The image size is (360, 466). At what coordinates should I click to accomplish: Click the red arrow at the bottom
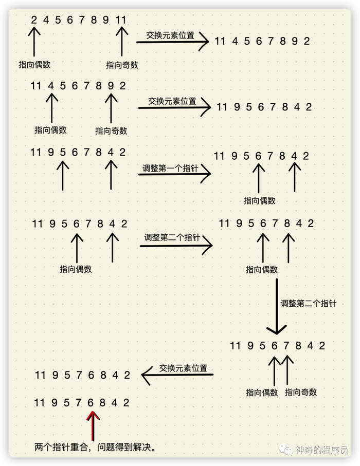93,426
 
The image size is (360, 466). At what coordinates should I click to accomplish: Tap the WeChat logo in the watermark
286,450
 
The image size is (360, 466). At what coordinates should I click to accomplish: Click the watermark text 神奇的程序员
321,450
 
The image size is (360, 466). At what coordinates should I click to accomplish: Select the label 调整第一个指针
170,168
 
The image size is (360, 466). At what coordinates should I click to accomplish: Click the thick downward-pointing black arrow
277,306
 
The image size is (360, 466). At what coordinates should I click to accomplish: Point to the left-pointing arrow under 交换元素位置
177,375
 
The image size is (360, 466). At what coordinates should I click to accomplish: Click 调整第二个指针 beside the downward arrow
309,303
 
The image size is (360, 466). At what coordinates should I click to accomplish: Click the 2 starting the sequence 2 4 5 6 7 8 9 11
34,20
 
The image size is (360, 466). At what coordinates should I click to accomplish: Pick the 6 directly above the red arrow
91,402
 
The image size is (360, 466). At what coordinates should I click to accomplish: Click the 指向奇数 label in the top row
122,65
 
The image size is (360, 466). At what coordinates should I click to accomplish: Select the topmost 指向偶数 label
34,65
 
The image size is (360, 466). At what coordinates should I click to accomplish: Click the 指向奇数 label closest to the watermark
301,392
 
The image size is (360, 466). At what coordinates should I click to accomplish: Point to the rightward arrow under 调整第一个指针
175,174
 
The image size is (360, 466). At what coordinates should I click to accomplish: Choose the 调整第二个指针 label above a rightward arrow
172,237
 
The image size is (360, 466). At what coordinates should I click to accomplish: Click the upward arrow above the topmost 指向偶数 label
34,41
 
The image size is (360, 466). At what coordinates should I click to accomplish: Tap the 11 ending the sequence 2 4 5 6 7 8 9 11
121,20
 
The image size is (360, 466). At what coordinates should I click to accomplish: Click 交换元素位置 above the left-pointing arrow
183,368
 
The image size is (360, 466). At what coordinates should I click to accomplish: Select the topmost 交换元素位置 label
170,35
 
